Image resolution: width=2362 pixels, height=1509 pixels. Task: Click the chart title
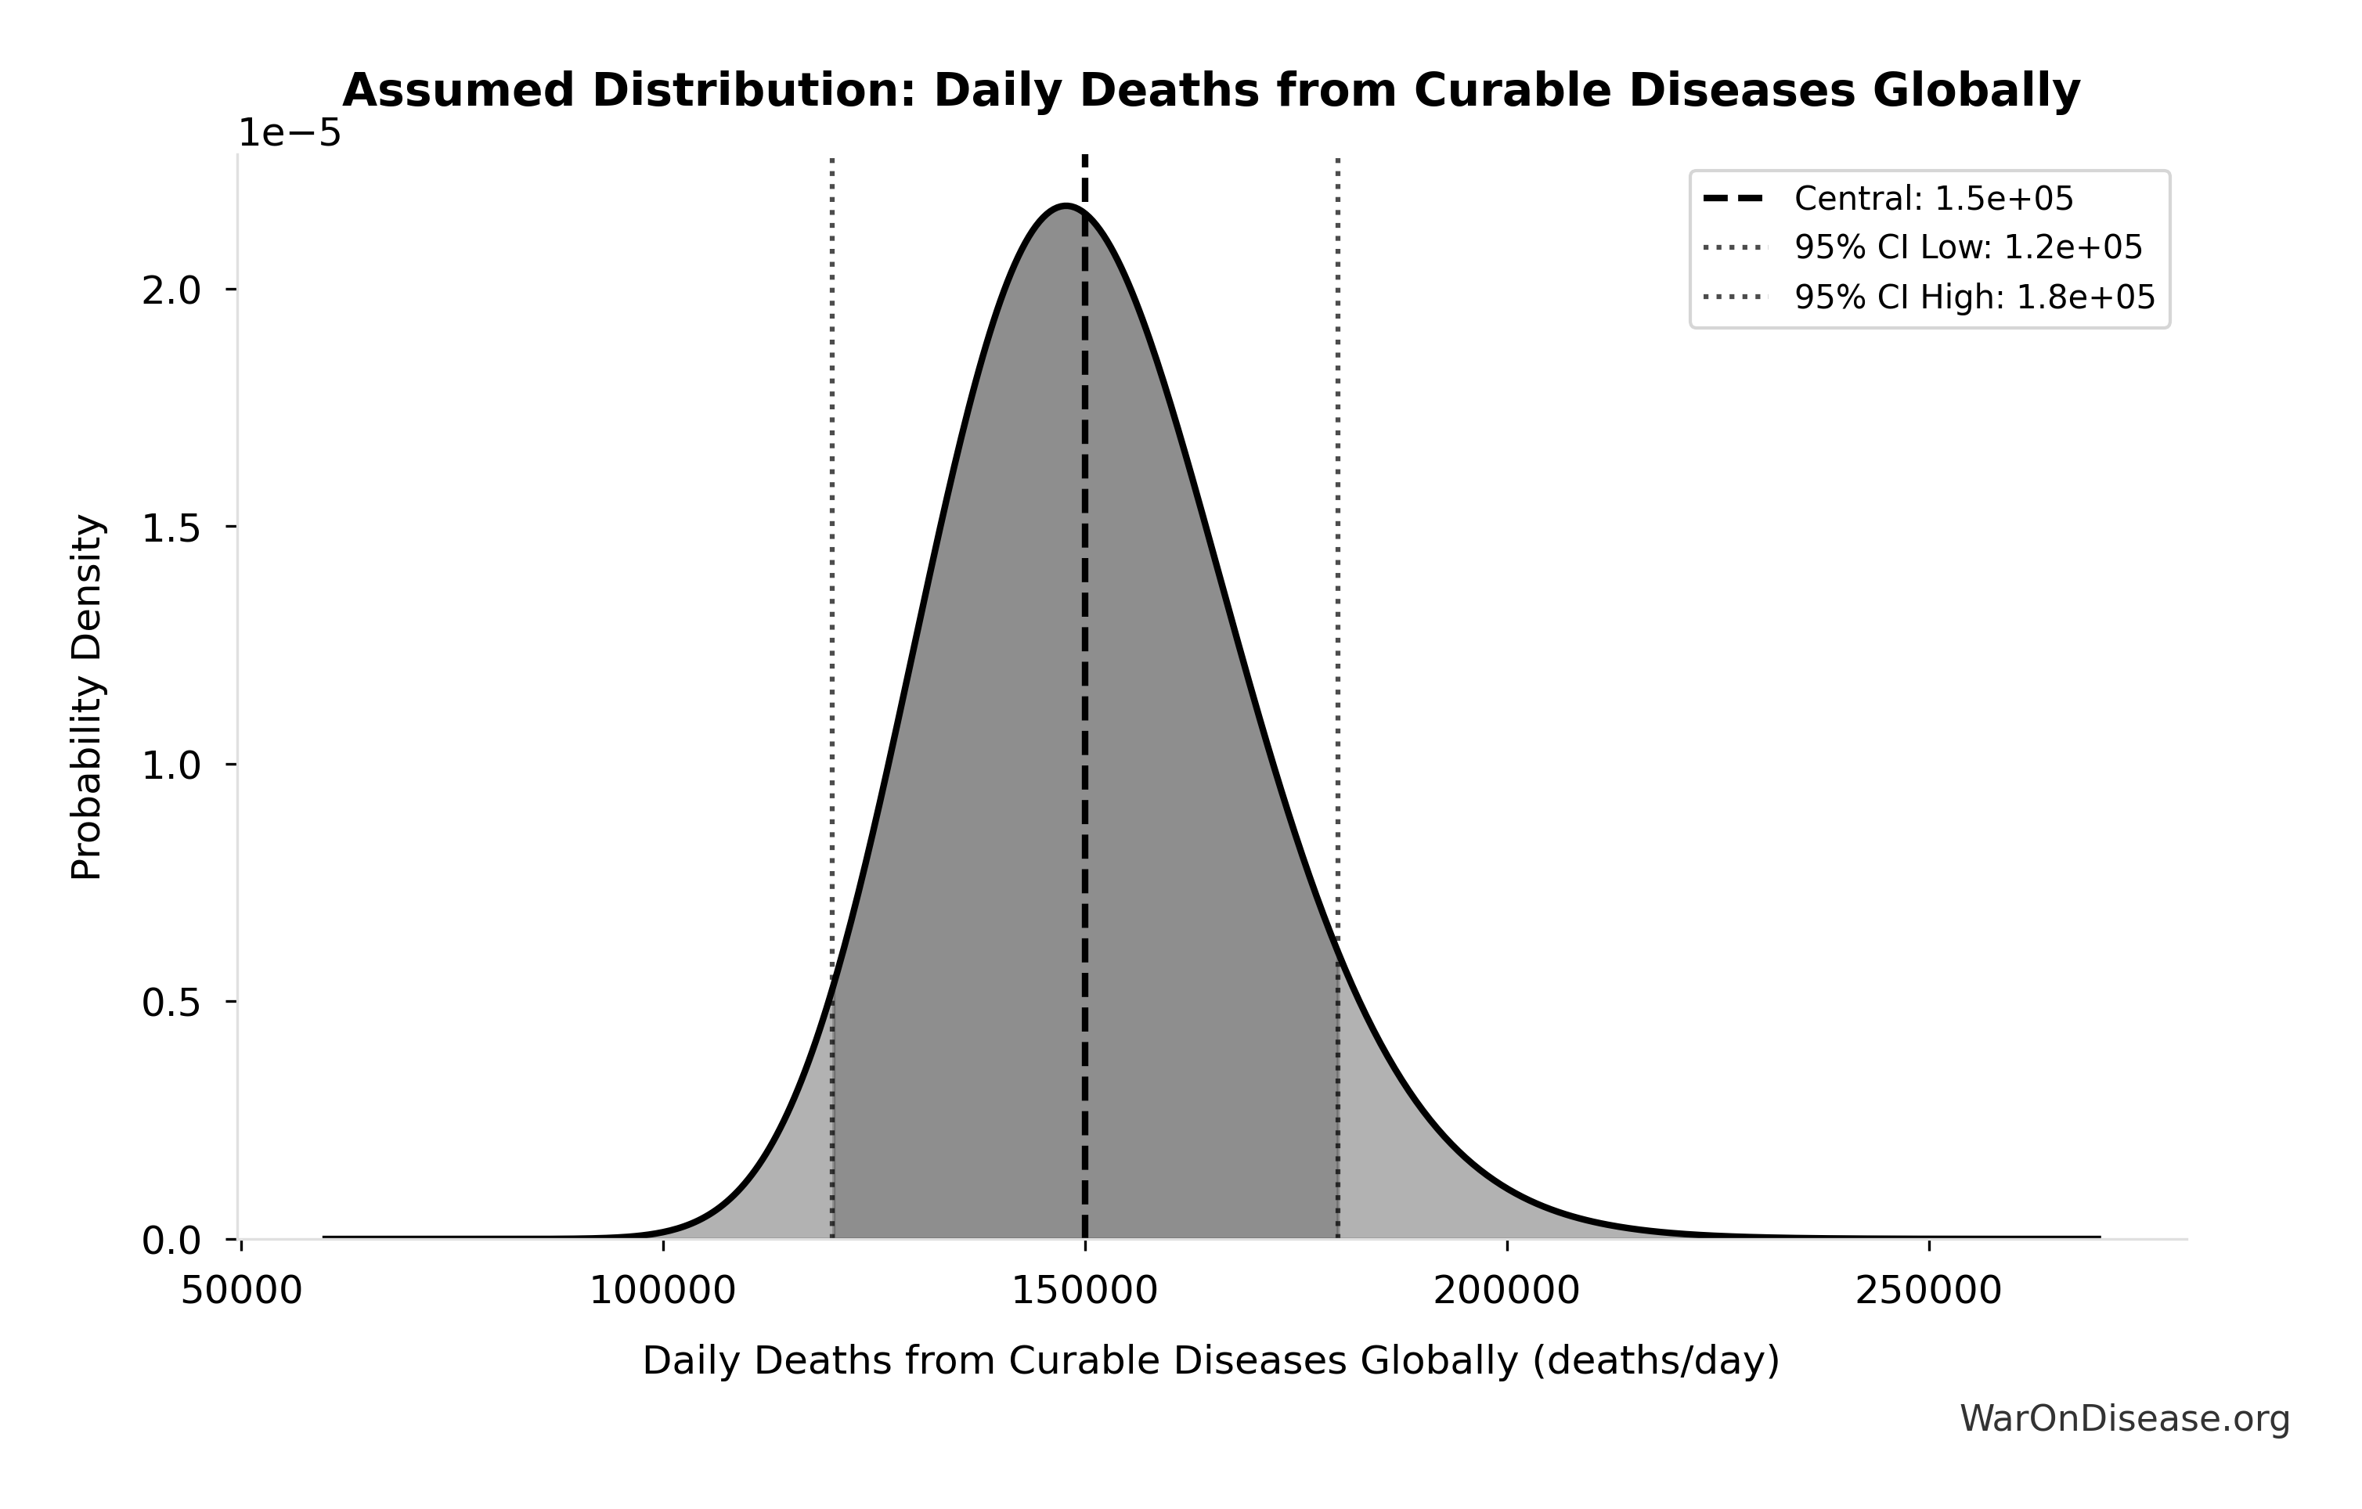point(1210,92)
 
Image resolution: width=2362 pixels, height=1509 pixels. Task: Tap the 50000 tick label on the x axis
point(241,1291)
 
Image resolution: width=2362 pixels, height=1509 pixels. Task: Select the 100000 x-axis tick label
point(662,1291)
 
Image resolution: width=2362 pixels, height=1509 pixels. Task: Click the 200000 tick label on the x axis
point(1506,1291)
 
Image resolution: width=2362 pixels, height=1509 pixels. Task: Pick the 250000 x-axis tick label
point(1927,1291)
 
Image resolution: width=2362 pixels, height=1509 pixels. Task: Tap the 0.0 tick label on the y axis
point(171,1241)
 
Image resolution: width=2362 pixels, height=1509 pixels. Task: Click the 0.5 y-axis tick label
point(171,1003)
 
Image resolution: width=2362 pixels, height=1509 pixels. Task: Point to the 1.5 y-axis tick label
point(171,528)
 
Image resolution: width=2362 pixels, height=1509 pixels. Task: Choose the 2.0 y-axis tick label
point(171,291)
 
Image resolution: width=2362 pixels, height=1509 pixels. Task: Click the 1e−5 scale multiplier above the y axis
point(290,133)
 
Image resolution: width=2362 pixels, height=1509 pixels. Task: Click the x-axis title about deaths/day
point(1210,1361)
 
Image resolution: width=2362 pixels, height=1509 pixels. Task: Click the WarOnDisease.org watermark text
point(2125,1419)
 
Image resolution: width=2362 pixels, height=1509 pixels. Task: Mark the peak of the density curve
point(1066,206)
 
